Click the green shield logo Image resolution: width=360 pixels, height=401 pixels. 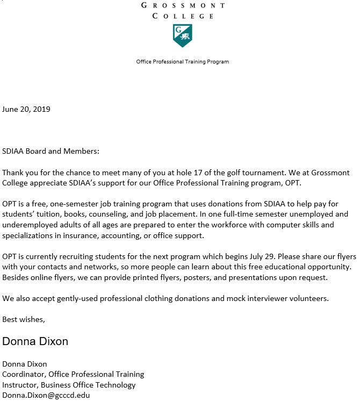click(182, 35)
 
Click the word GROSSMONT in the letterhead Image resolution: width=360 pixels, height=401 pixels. click(183, 5)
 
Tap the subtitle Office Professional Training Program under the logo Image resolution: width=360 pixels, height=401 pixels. click(183, 62)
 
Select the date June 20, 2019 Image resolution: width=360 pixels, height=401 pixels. click(26, 109)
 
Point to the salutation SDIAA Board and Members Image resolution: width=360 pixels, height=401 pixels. click(51, 151)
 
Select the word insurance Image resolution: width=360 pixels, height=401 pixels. click(84, 235)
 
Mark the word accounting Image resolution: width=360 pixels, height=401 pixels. click(127, 235)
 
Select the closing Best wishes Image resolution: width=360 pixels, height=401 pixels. click(24, 319)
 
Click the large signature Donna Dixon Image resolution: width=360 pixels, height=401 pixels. click(35, 342)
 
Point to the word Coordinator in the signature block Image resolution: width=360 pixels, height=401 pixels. click(24, 374)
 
